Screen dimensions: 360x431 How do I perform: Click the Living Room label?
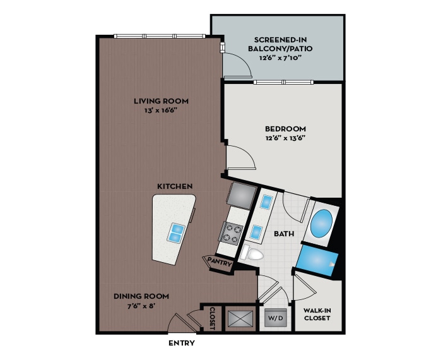(x=161, y=101)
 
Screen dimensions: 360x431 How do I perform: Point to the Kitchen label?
(x=175, y=186)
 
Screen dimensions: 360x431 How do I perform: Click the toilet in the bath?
(x=254, y=255)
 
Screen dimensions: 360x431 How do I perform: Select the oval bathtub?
(x=321, y=224)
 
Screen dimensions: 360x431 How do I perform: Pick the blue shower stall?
(x=317, y=259)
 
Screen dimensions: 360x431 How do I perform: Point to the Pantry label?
(x=218, y=262)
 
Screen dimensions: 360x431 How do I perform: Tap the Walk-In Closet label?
(x=317, y=313)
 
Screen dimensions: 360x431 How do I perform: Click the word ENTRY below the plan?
(x=182, y=344)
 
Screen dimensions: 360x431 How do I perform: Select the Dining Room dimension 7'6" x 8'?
(x=141, y=306)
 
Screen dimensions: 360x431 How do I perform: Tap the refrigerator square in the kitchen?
(x=241, y=195)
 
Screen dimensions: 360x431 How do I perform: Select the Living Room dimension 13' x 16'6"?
(x=161, y=111)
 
